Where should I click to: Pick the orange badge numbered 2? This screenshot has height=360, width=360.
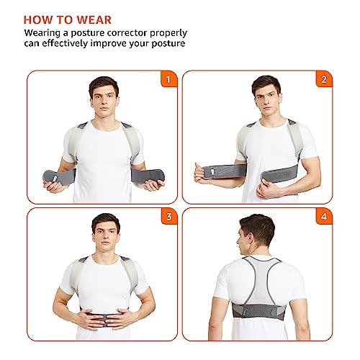[323, 80]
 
